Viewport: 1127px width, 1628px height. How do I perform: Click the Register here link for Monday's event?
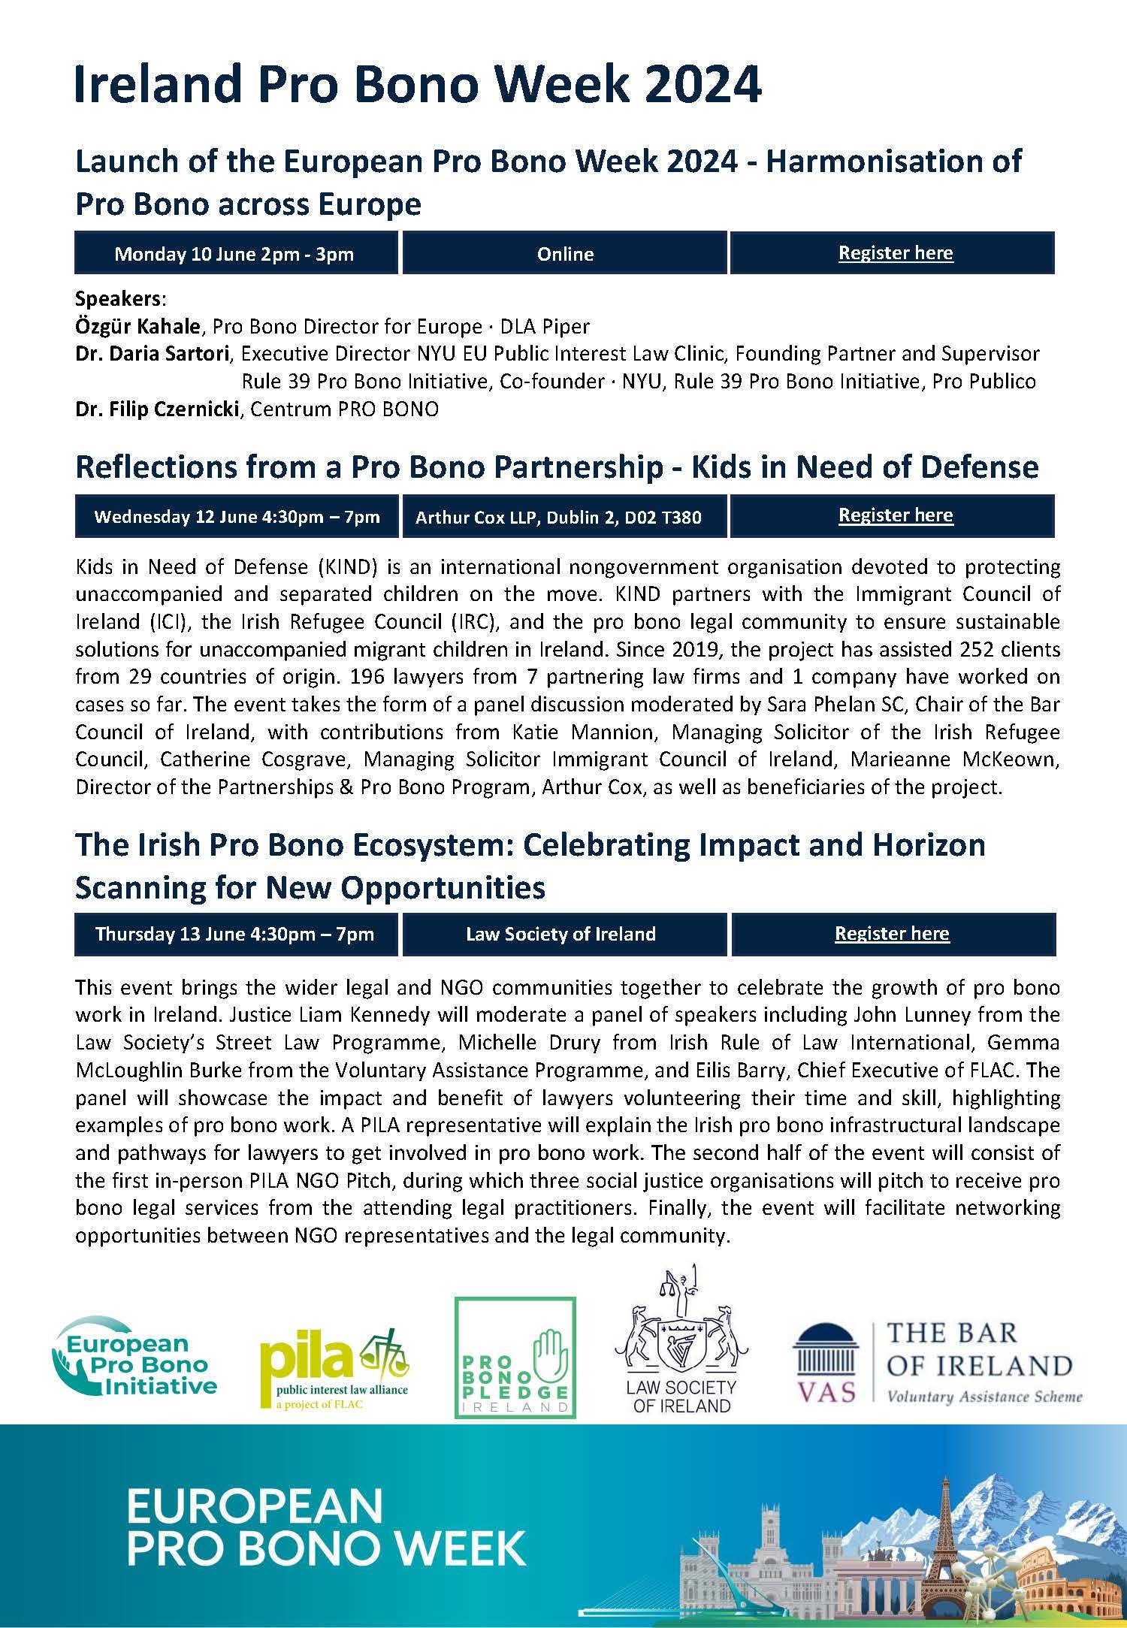click(x=896, y=253)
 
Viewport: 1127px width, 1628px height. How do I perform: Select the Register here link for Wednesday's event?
click(x=896, y=515)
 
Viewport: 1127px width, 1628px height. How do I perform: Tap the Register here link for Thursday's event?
click(x=892, y=934)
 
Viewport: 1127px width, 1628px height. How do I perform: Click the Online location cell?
click(x=565, y=254)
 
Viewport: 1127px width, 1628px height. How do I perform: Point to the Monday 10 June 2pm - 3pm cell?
click(x=234, y=254)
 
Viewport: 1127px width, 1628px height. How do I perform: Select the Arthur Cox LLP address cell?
click(x=558, y=517)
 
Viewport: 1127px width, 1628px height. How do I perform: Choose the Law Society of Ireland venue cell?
click(x=560, y=935)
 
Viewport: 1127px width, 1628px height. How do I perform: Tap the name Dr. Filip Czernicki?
click(x=157, y=409)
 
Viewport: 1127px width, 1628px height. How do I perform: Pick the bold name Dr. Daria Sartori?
click(x=155, y=354)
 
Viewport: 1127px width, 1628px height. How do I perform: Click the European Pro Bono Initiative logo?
click(x=135, y=1365)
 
